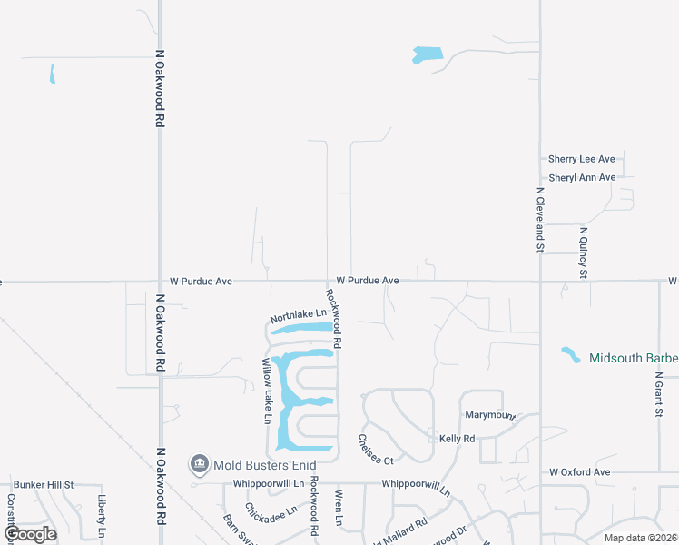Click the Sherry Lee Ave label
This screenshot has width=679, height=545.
click(582, 159)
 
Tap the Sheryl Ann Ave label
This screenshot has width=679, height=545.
click(582, 177)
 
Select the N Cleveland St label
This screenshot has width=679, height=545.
click(539, 219)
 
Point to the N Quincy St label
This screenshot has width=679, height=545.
click(584, 252)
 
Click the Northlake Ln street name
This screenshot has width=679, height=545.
click(298, 315)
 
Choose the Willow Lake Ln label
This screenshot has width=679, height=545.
click(267, 391)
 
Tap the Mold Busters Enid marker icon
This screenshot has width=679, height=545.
click(199, 465)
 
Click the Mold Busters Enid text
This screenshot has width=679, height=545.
click(258, 465)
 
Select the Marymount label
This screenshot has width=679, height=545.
click(490, 415)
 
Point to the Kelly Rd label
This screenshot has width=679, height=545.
click(457, 439)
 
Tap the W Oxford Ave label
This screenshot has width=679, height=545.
click(579, 472)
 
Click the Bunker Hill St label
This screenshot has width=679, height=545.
click(43, 486)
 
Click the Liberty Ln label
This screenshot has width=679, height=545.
click(103, 515)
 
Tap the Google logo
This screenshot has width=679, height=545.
click(30, 534)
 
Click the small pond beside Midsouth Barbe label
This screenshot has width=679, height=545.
click(570, 353)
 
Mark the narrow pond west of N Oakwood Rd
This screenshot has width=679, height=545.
click(53, 74)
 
